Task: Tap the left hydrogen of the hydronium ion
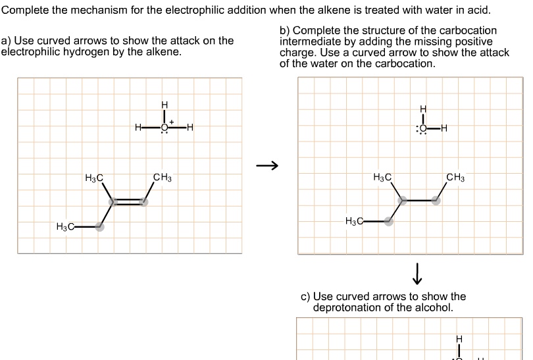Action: (138, 127)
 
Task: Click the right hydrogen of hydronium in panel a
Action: (190, 127)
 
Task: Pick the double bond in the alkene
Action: (128, 201)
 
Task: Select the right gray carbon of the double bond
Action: (144, 201)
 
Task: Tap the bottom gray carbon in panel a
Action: (99, 227)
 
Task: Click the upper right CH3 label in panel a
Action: (162, 177)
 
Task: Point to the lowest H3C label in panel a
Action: (65, 227)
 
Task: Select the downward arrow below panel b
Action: (417, 271)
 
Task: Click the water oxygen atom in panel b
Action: (422, 128)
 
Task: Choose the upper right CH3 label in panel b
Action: (455, 177)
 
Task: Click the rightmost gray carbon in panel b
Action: (436, 201)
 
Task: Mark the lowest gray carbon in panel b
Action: (389, 222)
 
